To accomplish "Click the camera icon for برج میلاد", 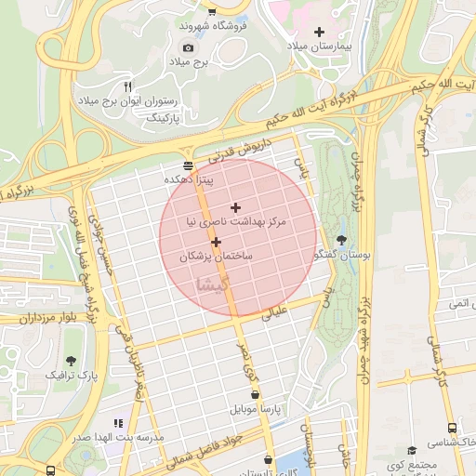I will click(189, 47).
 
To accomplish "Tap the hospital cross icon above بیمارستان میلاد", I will click(321, 32).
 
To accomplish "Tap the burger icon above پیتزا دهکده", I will click(190, 165).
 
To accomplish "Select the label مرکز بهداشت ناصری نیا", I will click(236, 223).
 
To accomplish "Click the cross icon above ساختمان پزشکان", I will click(216, 242).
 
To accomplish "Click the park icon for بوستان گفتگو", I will click(342, 240).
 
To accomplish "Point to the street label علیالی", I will click(280, 313).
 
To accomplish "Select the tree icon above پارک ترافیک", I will click(72, 361).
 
